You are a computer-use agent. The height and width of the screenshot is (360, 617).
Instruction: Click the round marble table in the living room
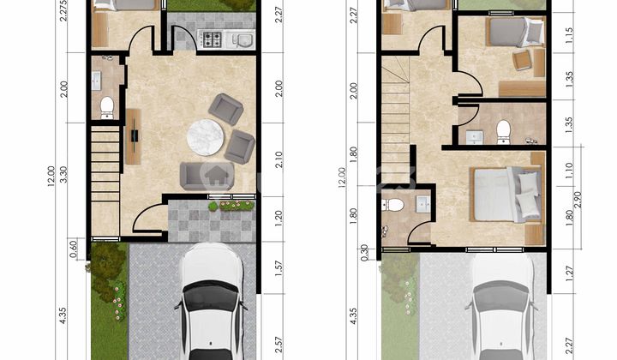point(205,137)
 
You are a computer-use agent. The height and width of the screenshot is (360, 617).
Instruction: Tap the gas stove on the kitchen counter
point(211,39)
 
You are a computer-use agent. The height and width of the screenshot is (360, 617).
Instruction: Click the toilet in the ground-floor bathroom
point(107,106)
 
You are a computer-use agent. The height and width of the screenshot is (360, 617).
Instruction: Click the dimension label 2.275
point(63,15)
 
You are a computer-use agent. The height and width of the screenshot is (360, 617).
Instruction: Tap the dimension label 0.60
point(75,248)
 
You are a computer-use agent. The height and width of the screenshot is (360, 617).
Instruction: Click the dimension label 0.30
point(366,250)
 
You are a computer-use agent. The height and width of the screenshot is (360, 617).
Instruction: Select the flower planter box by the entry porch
point(231,206)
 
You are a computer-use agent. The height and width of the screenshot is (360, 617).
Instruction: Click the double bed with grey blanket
point(506,195)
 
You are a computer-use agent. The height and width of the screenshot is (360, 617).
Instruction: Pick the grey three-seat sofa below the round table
point(207,175)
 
